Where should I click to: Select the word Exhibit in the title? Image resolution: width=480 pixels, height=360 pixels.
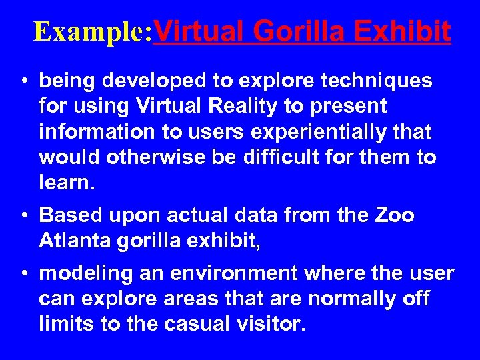click(410, 31)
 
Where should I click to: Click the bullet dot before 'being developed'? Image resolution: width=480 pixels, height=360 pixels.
click(23, 82)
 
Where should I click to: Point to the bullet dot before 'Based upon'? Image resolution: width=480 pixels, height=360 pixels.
click(23, 216)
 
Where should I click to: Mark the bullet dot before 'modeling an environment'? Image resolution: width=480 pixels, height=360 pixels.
click(23, 274)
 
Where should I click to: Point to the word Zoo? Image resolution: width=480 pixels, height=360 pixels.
click(394, 216)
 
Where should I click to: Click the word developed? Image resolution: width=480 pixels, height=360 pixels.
click(150, 82)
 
